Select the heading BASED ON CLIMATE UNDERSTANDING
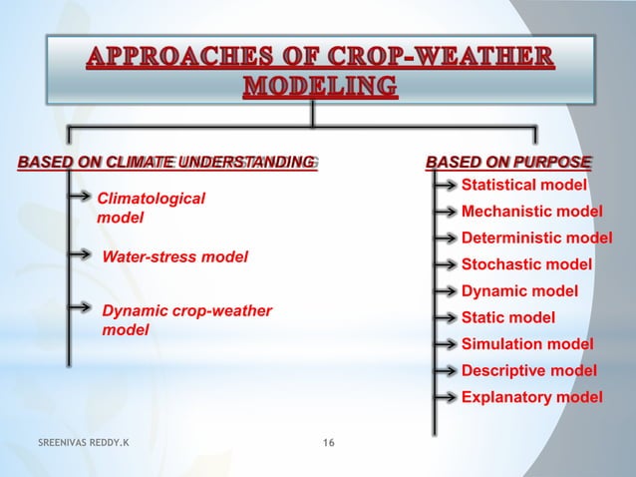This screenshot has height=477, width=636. pos(165,161)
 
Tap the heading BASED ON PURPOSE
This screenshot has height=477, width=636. pos(508,161)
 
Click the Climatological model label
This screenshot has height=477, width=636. pos(151,208)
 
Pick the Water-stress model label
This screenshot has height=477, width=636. pos(175,256)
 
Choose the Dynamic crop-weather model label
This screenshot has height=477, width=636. pos(186,320)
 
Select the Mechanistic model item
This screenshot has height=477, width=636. pos(531,212)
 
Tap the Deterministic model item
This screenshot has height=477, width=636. pos(536,238)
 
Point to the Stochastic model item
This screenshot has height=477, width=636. pos(526,265)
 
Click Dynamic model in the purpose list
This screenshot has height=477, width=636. pos(519,291)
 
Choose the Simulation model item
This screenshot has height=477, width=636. pos(527,344)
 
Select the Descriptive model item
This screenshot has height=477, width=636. pos(529,371)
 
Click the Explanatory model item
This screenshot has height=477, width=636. pos(531,397)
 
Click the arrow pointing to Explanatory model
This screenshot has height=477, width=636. pos(447,397)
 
